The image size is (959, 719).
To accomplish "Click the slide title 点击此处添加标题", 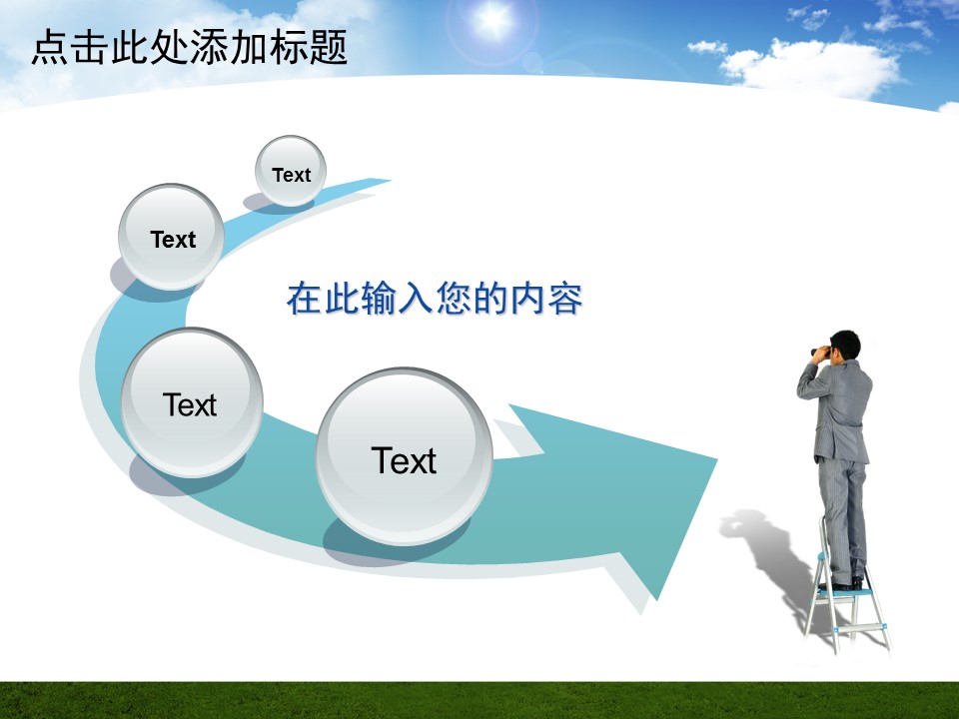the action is click(x=190, y=47).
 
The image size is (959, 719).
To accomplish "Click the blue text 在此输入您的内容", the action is click(x=435, y=299).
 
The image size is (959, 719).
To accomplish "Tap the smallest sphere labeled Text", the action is click(x=291, y=171).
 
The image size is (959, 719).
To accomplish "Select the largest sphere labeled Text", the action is click(x=405, y=456).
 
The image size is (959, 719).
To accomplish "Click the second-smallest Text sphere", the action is click(x=171, y=237).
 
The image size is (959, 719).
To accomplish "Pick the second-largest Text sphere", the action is click(x=192, y=402).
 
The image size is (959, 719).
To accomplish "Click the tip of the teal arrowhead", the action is click(x=717, y=458).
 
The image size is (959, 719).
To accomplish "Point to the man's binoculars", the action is click(x=818, y=351).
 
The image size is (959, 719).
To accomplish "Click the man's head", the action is click(x=845, y=346).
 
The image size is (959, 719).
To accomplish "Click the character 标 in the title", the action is click(x=288, y=48).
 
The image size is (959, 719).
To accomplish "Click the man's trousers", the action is click(x=842, y=519).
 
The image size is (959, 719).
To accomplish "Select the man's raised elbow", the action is click(x=802, y=391).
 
